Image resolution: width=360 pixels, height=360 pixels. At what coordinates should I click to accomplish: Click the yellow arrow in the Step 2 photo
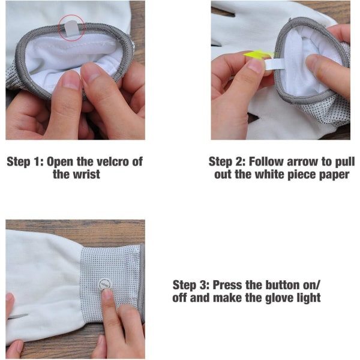pos(258,55)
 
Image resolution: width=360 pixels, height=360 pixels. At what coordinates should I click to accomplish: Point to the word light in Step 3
pos(310,298)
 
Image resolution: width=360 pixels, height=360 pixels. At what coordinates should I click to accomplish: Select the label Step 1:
pos(25,162)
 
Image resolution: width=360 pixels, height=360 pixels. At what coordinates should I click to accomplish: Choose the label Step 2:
pos(227,162)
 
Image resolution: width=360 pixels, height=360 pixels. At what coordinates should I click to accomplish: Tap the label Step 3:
pos(191,285)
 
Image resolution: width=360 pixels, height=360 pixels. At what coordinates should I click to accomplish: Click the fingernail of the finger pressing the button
pos(107,295)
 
